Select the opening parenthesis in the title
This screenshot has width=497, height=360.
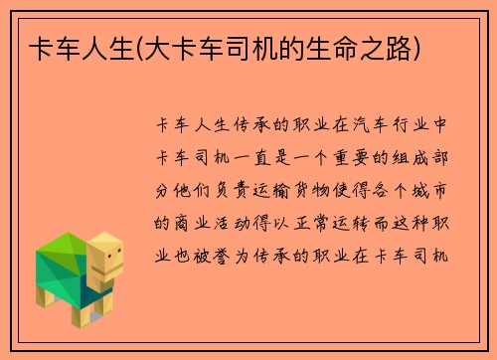click(144, 49)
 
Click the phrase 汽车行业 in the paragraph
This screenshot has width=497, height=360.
click(391, 126)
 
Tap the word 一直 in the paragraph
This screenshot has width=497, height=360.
click(251, 158)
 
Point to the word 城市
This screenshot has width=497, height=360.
click(435, 190)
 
